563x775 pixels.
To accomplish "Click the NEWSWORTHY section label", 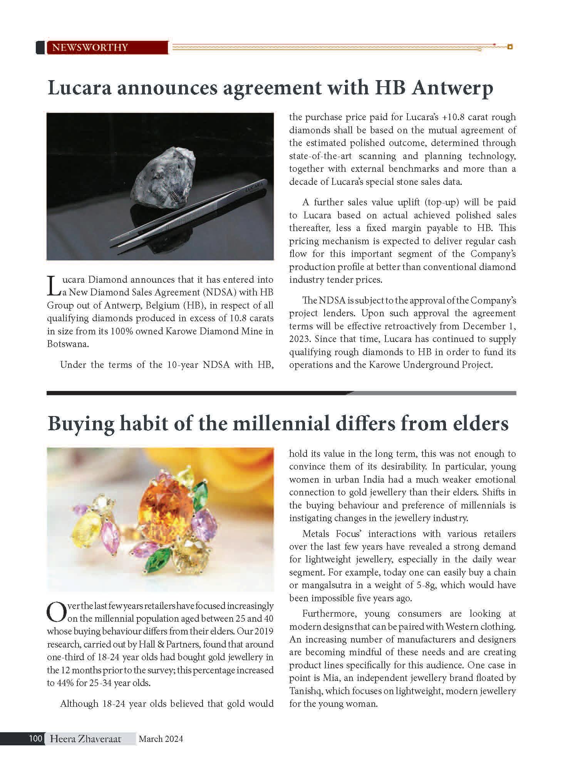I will tap(90, 47).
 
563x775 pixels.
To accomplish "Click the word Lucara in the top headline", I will tap(79, 88).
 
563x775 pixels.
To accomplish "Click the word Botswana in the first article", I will tap(67, 344).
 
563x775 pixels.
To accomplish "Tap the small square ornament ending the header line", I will tap(510, 47).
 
